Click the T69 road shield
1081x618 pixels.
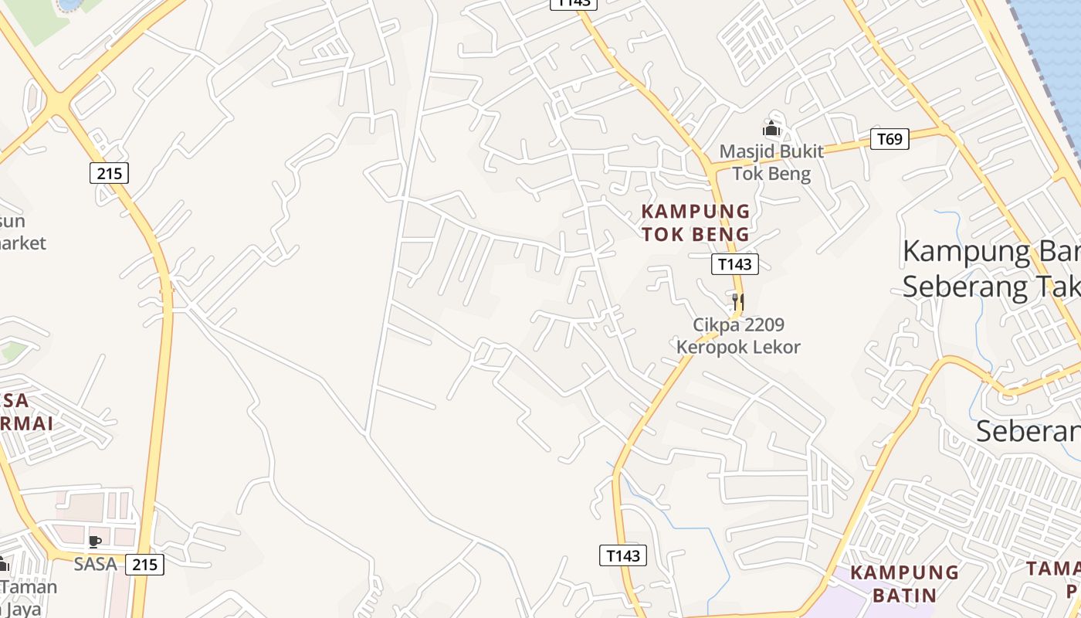890,139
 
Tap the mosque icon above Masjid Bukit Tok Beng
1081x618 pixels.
771,128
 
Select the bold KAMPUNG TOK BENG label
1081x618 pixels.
696,222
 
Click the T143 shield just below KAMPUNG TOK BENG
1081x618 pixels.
734,264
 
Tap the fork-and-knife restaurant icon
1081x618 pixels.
738,301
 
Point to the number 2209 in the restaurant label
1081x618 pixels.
763,324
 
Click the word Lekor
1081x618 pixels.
778,347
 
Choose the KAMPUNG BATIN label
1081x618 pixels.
904,584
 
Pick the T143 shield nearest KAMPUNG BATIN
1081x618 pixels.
622,555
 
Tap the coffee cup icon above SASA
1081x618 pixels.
95,542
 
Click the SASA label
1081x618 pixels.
95,565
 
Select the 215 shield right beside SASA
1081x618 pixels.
144,565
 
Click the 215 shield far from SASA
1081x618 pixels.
110,173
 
